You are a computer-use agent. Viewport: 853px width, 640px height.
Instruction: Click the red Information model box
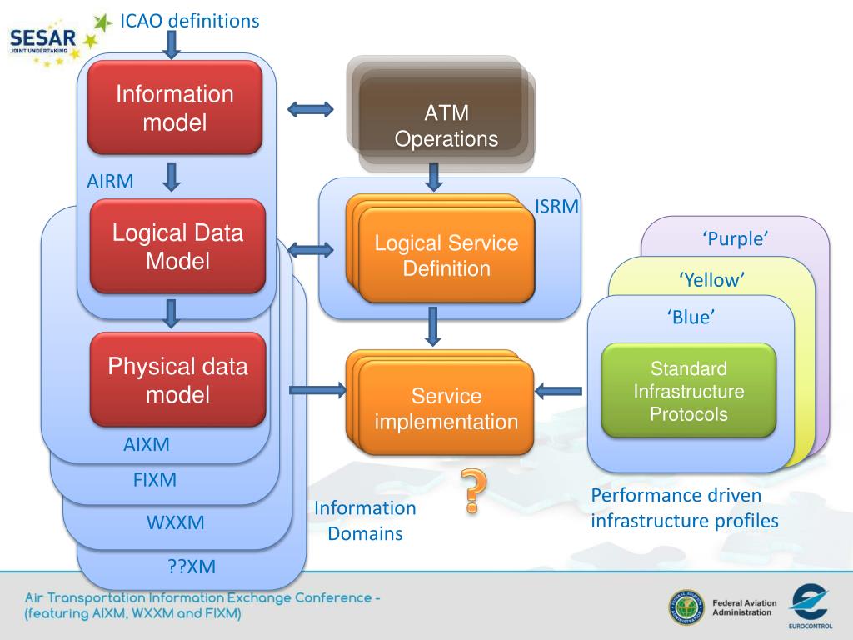pos(175,107)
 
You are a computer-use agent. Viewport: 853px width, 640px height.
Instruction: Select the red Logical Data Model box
pos(177,246)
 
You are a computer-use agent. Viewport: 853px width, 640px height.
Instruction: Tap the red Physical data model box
pos(177,379)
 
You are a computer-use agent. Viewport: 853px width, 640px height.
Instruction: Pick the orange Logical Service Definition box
pos(441,248)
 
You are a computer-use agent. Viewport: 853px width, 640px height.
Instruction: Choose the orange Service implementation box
pos(440,403)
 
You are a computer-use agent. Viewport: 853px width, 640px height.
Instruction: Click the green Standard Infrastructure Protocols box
pos(689,391)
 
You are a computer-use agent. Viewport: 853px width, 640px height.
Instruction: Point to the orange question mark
pos(473,491)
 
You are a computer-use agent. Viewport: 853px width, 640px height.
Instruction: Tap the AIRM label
pos(110,181)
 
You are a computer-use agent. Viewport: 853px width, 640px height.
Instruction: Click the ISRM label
pos(556,207)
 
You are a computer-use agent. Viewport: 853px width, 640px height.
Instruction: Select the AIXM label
pos(147,445)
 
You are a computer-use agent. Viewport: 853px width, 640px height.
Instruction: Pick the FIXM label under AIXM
pos(154,480)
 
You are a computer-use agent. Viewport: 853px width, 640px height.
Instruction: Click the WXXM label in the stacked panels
pos(175,522)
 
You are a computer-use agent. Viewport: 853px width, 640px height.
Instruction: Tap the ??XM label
pos(192,567)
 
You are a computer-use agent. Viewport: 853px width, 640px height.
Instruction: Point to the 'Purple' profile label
pos(736,238)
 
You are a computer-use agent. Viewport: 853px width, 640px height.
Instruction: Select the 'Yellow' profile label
pos(711,280)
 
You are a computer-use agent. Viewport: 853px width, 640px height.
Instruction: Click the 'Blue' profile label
pos(691,317)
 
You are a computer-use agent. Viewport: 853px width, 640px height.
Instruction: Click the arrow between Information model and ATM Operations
pos(310,109)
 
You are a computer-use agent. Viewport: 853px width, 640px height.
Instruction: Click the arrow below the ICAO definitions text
pos(172,45)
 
